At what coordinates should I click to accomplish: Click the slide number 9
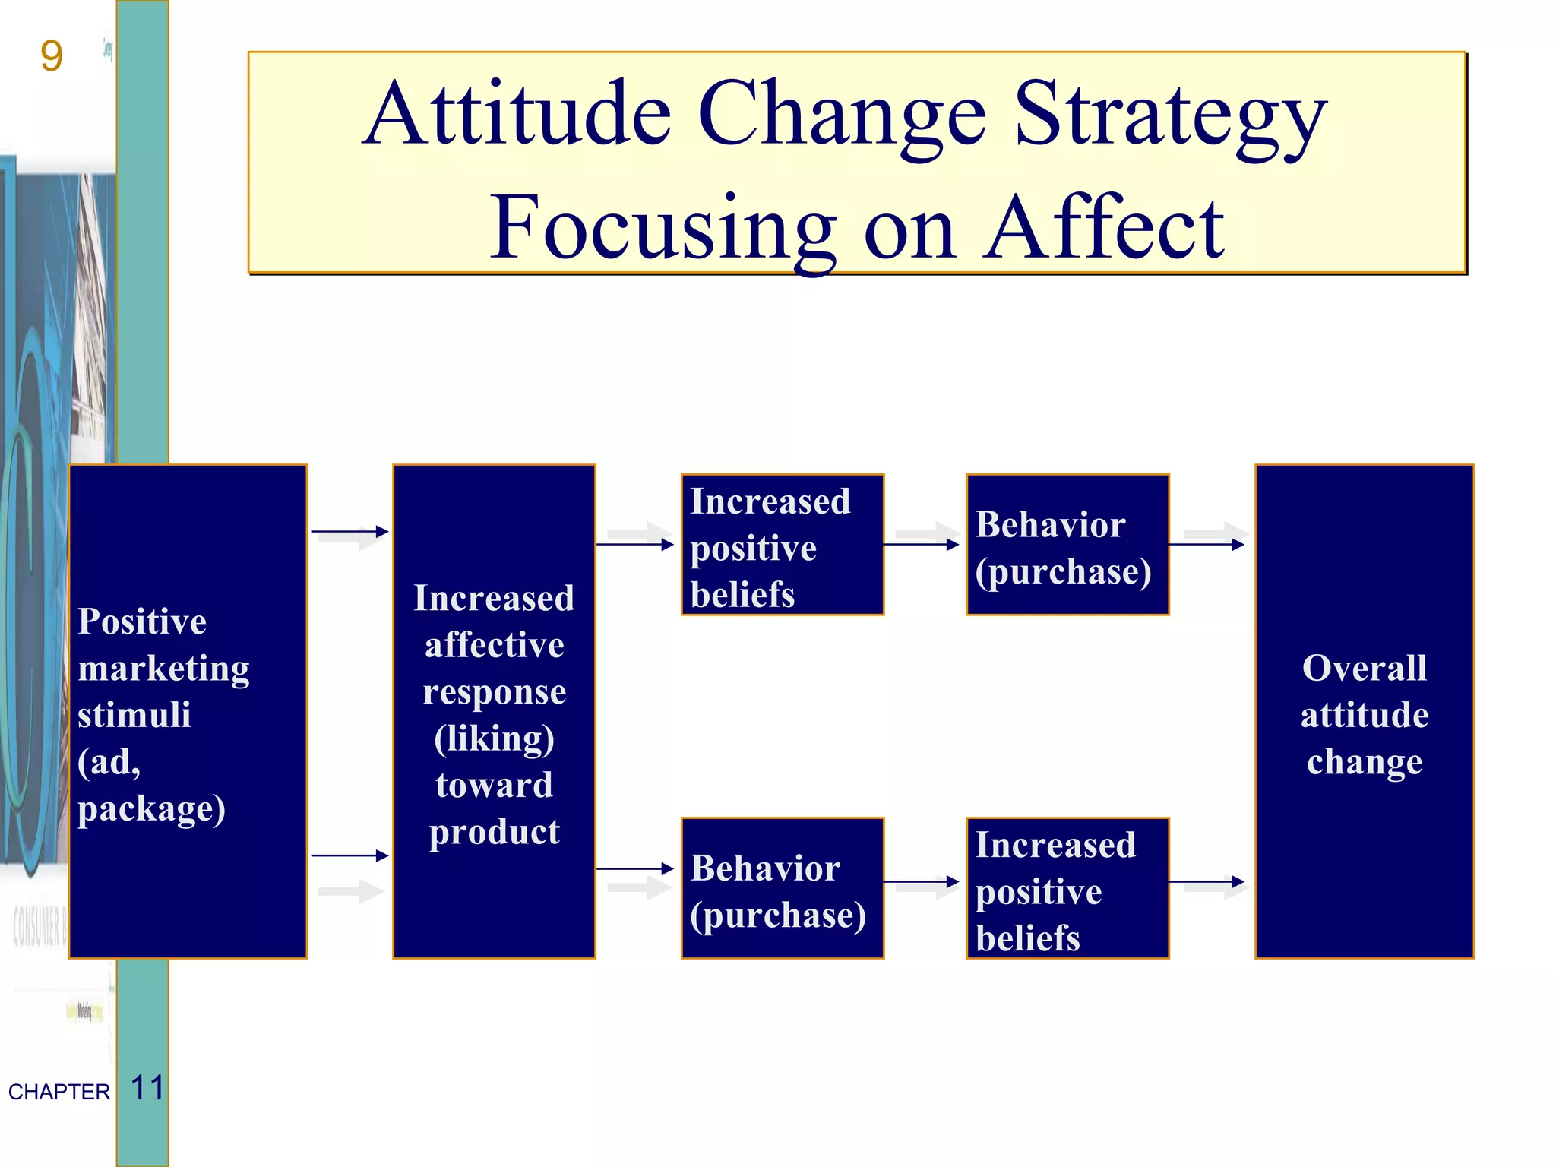(x=51, y=56)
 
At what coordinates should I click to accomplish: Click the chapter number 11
(x=147, y=1088)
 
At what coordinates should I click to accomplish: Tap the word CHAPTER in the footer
(x=59, y=1092)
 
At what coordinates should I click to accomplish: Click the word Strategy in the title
(x=1169, y=118)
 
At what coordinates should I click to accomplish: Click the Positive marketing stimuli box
(x=188, y=711)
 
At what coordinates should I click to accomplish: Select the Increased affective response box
(x=494, y=711)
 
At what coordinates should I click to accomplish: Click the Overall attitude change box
(x=1364, y=711)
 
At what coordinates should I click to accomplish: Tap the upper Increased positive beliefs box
(x=783, y=545)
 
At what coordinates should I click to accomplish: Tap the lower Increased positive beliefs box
(x=1067, y=888)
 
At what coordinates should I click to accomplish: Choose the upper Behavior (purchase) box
(x=1067, y=545)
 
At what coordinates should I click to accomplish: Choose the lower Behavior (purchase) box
(x=783, y=888)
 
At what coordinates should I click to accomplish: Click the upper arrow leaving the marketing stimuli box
(x=349, y=532)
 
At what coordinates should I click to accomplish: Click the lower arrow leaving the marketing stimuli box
(x=349, y=855)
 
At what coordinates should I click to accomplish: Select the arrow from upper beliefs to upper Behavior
(x=921, y=544)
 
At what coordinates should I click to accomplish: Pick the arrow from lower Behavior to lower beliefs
(x=921, y=882)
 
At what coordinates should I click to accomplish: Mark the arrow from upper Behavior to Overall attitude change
(x=1206, y=544)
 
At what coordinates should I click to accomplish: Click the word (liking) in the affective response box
(x=494, y=738)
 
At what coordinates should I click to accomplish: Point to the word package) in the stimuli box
(x=151, y=808)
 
